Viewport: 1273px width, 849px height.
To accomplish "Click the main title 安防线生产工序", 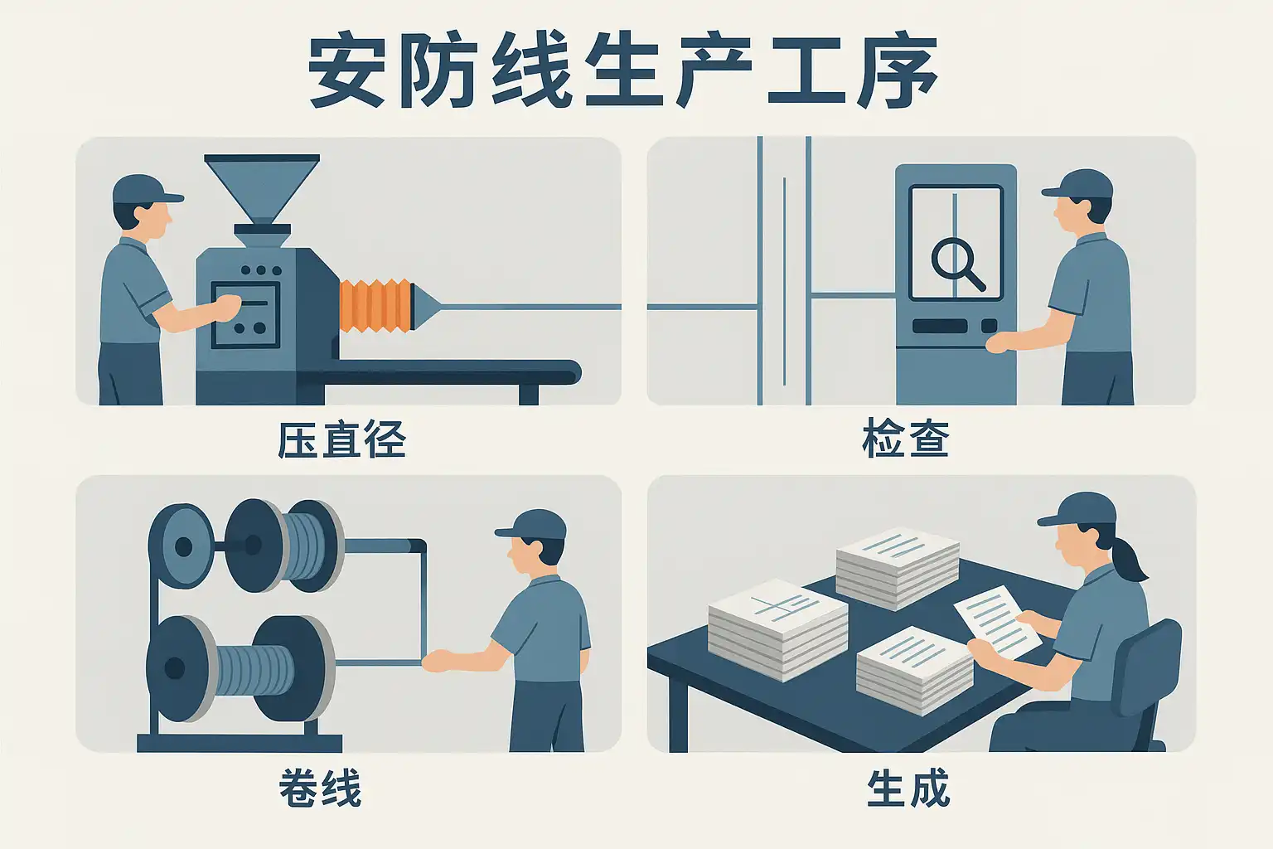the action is click(622, 71).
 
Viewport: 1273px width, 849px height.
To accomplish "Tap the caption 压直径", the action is click(341, 439).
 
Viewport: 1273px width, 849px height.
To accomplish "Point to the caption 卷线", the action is click(320, 788).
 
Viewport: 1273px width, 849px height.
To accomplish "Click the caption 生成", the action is click(908, 788).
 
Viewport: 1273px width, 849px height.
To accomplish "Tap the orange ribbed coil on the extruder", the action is click(375, 305).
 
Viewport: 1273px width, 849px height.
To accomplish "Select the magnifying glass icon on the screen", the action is click(957, 264).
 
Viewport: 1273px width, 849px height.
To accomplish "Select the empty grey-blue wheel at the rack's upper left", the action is click(182, 546).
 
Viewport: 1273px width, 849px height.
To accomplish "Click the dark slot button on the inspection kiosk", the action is click(940, 326).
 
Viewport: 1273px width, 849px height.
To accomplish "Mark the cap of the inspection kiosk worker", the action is click(1078, 184).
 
